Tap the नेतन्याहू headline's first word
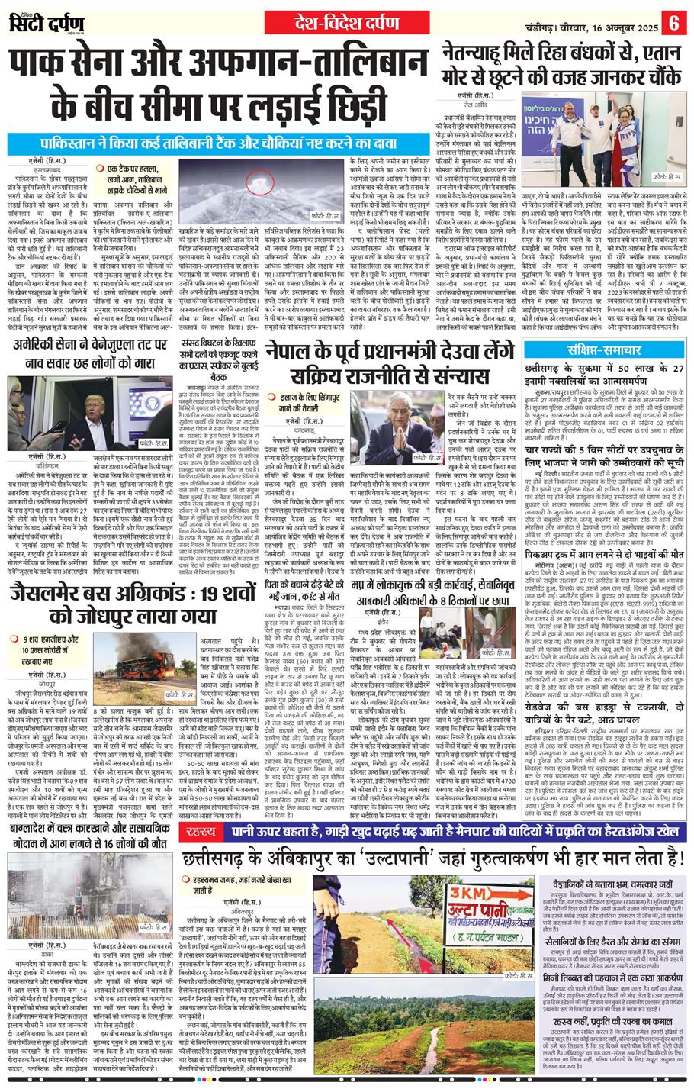coord(480,53)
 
